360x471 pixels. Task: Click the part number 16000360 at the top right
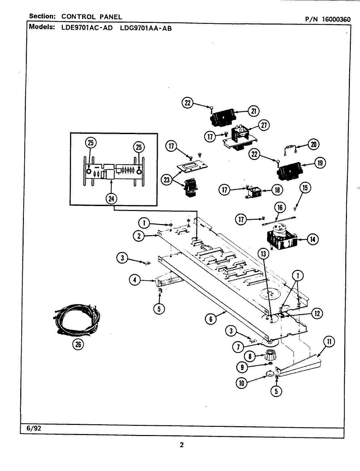point(336,19)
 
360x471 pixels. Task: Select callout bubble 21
point(253,111)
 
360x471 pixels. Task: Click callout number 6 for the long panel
point(211,319)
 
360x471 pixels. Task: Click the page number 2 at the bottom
point(182,445)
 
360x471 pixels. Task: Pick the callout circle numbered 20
point(313,144)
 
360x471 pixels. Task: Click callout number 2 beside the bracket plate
point(139,235)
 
